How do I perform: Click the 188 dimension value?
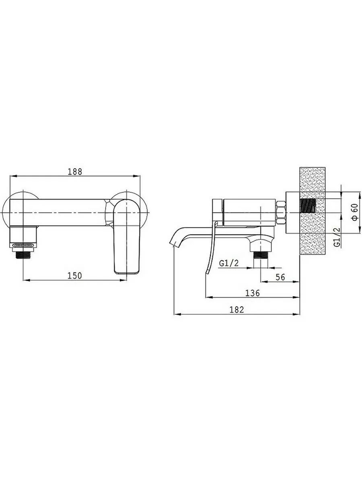75,171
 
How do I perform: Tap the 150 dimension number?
74,276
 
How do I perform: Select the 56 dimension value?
280,277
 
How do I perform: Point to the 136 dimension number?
253,293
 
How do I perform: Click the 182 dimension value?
237,310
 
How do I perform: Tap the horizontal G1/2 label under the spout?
228,263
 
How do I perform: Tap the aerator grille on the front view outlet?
23,245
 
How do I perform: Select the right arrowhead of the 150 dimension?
124,280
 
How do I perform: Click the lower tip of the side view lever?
206,273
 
